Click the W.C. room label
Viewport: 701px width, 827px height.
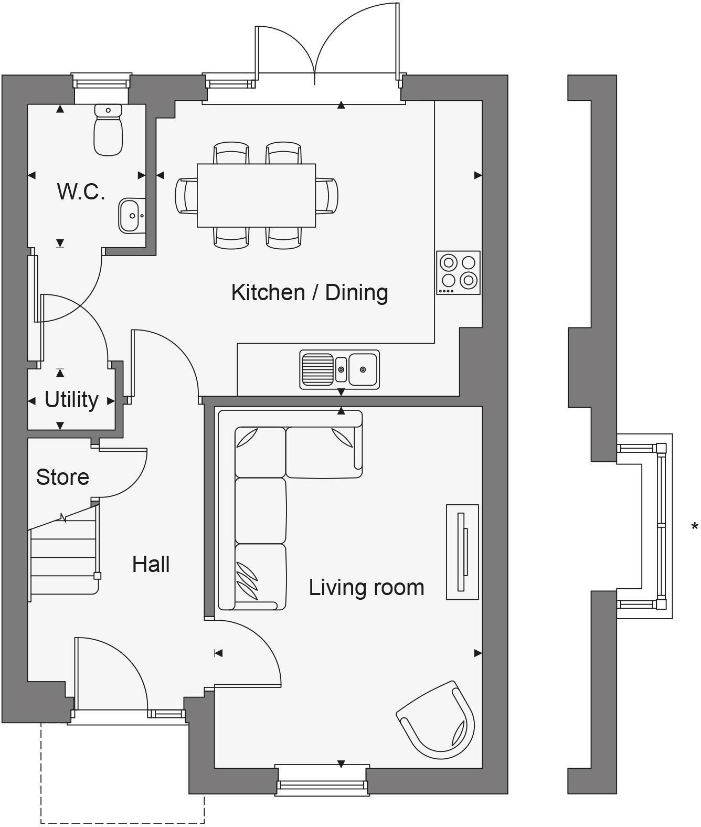(x=81, y=192)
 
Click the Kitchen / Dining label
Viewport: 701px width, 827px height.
(x=310, y=292)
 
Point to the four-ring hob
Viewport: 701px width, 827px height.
(x=458, y=272)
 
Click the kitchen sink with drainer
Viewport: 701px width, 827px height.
(x=339, y=369)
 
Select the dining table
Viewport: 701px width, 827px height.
(x=256, y=195)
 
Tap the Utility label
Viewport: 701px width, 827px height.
(x=71, y=400)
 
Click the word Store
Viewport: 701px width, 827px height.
(x=62, y=477)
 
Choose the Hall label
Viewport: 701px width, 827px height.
(x=151, y=565)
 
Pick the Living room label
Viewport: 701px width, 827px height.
(x=366, y=587)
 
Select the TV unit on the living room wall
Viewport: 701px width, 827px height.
(x=462, y=552)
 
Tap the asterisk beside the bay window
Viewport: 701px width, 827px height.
(x=695, y=527)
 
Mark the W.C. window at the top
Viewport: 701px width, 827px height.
(x=101, y=83)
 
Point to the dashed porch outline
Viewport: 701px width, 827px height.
(x=122, y=822)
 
